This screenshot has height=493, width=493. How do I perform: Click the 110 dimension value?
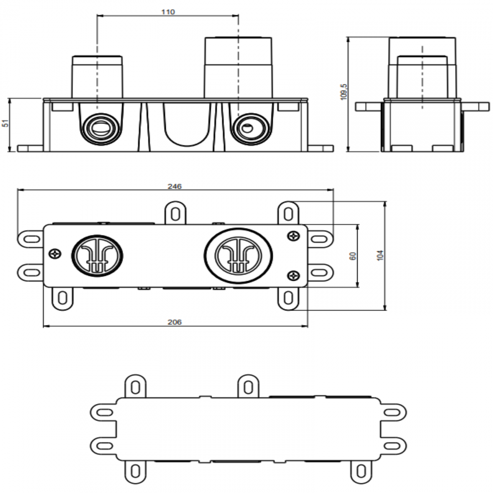tap(168, 12)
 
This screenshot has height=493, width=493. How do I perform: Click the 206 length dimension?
tap(175, 322)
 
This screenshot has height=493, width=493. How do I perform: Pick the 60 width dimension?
tap(353, 256)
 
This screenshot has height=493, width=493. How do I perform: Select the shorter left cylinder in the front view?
tap(97, 76)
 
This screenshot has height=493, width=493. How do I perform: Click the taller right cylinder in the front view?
tap(238, 66)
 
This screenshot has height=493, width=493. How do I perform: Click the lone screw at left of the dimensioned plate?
tap(55, 253)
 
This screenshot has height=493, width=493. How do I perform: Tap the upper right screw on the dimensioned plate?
tap(293, 236)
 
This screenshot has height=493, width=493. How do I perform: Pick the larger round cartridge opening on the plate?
tap(238, 256)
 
